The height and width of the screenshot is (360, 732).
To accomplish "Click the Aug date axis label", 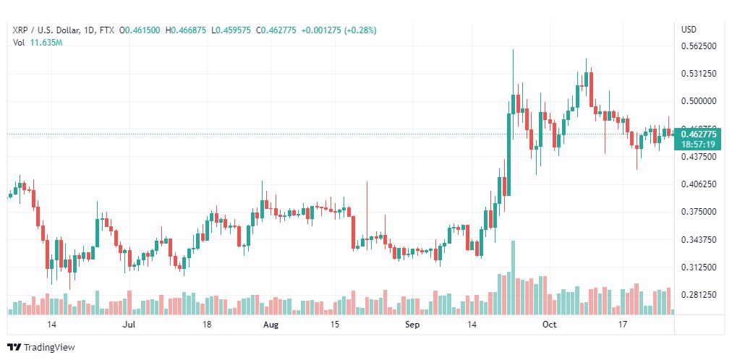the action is pos(271,325).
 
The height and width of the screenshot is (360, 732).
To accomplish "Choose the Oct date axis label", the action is pos(550,325).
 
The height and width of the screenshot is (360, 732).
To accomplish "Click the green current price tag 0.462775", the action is pos(697,134).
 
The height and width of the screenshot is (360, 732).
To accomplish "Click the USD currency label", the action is pos(689,30).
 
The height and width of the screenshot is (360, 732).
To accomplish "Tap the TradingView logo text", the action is pos(49,348).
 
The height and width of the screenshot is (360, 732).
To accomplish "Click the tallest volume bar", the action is pos(513,278).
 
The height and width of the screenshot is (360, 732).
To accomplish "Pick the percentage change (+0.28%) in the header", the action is pos(360,30).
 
